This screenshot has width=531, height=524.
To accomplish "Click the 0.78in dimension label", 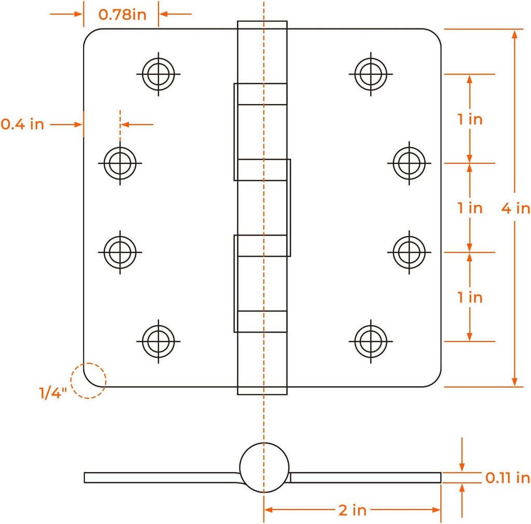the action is click(122, 15).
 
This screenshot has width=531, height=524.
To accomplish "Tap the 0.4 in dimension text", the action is click(22, 124).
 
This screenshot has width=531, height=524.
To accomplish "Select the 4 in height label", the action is click(515, 208).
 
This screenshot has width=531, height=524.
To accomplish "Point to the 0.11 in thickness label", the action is click(507, 478).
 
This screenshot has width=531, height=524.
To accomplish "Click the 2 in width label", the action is click(353, 510).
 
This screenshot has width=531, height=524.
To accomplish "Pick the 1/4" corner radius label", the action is click(53, 393).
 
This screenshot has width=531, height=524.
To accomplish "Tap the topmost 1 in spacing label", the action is click(470, 119).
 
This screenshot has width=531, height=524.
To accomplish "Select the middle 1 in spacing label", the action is click(470, 208).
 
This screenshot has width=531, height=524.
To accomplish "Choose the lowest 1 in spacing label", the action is click(470, 297).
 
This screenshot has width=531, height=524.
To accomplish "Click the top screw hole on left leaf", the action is click(159, 74).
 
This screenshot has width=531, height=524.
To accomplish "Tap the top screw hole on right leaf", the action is click(371, 74).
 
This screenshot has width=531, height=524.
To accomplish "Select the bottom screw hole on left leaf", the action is click(159, 341).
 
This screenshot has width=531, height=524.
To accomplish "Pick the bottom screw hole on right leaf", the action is click(371, 341).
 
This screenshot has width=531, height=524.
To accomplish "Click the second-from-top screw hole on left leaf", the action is click(120, 163).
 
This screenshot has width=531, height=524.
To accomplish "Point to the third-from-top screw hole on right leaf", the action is click(409, 252).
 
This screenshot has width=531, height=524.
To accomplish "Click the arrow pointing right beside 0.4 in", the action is click(66, 124).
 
